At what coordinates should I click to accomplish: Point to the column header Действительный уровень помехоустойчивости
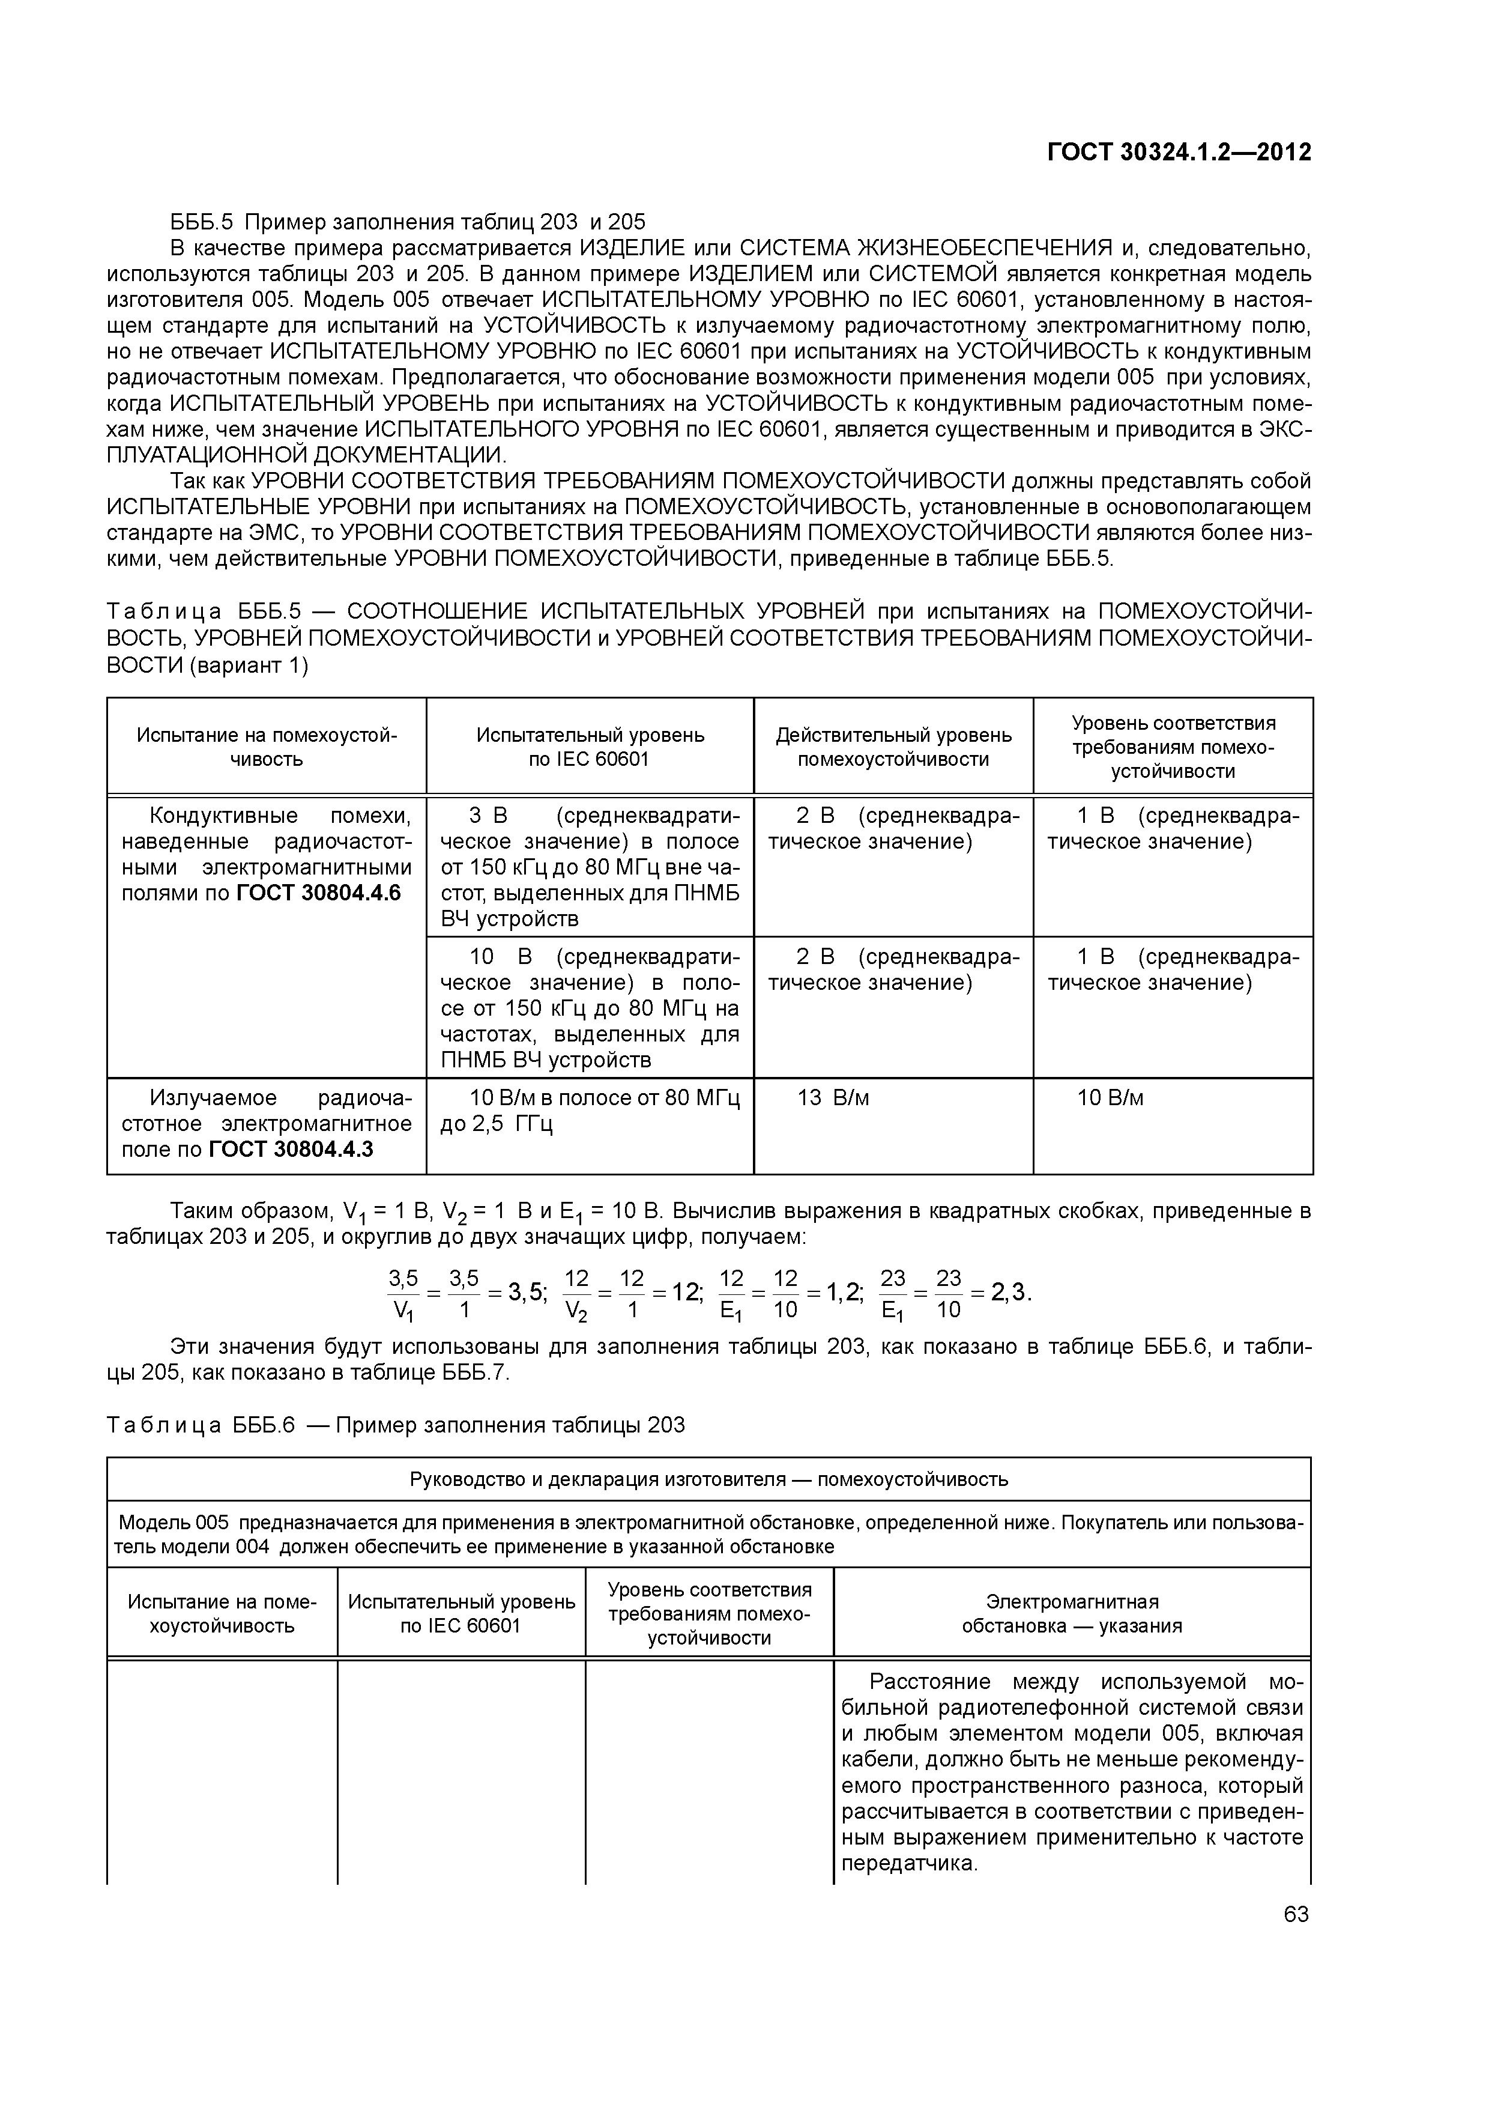(893, 747)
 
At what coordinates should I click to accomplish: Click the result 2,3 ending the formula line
(1010, 1294)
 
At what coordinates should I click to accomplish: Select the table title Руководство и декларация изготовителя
(708, 1479)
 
